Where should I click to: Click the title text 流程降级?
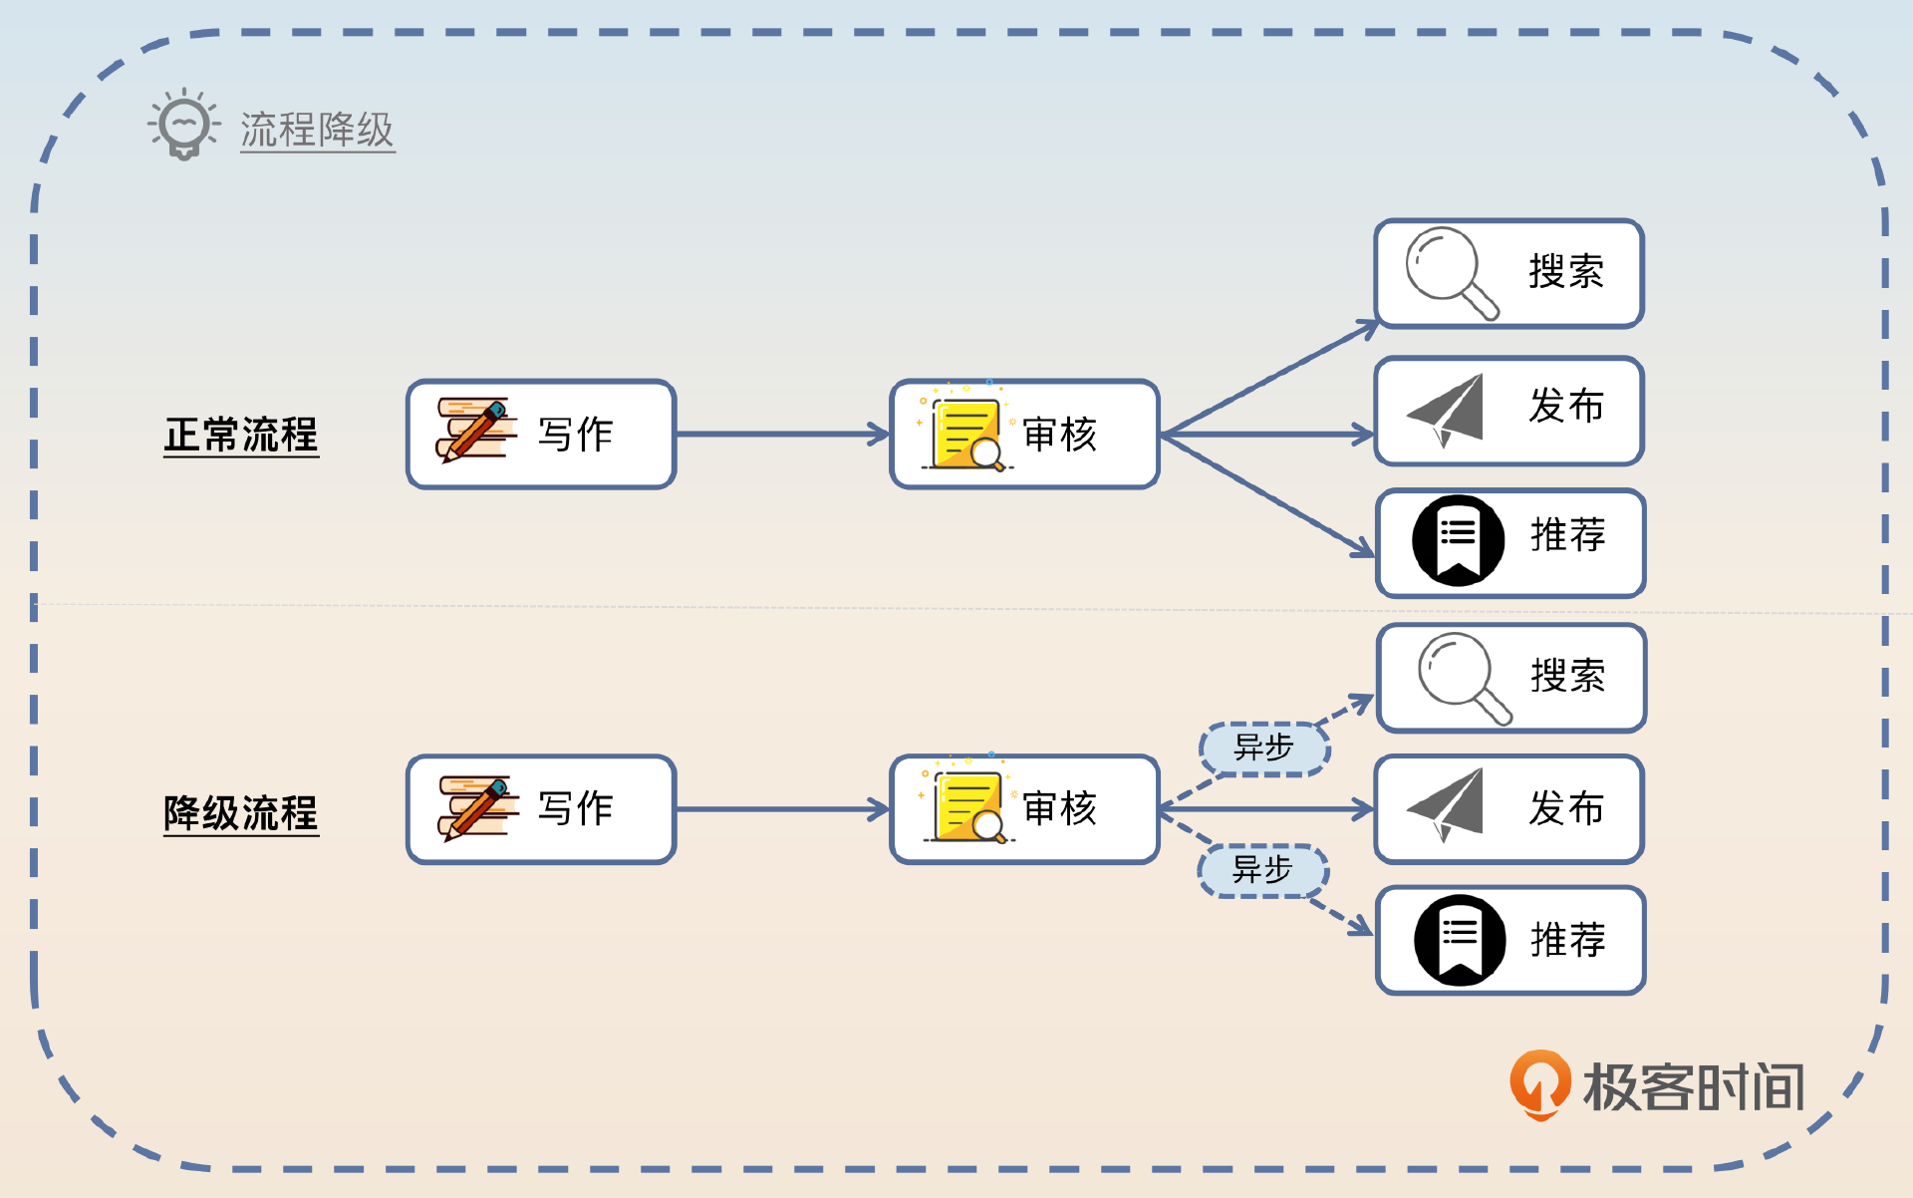click(x=317, y=131)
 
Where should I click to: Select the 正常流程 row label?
click(x=241, y=436)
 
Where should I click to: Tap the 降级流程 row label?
click(x=241, y=813)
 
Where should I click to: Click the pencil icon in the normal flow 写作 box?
click(x=475, y=431)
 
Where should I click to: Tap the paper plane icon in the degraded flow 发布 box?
click(x=1448, y=803)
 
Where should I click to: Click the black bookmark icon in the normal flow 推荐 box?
click(x=1458, y=539)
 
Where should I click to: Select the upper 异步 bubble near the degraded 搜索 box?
click(x=1263, y=748)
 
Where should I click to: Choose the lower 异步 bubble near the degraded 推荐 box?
click(x=1262, y=870)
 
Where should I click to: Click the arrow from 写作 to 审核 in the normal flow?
click(x=782, y=435)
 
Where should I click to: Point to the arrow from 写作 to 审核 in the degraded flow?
click(x=782, y=809)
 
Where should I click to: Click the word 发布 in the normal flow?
click(x=1566, y=407)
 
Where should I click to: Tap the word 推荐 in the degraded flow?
click(x=1567, y=940)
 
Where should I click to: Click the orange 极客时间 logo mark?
click(x=1539, y=1084)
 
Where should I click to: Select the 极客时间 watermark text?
click(x=1693, y=1086)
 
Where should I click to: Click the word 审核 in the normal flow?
click(x=1059, y=436)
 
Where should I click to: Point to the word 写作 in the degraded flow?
click(x=575, y=808)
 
